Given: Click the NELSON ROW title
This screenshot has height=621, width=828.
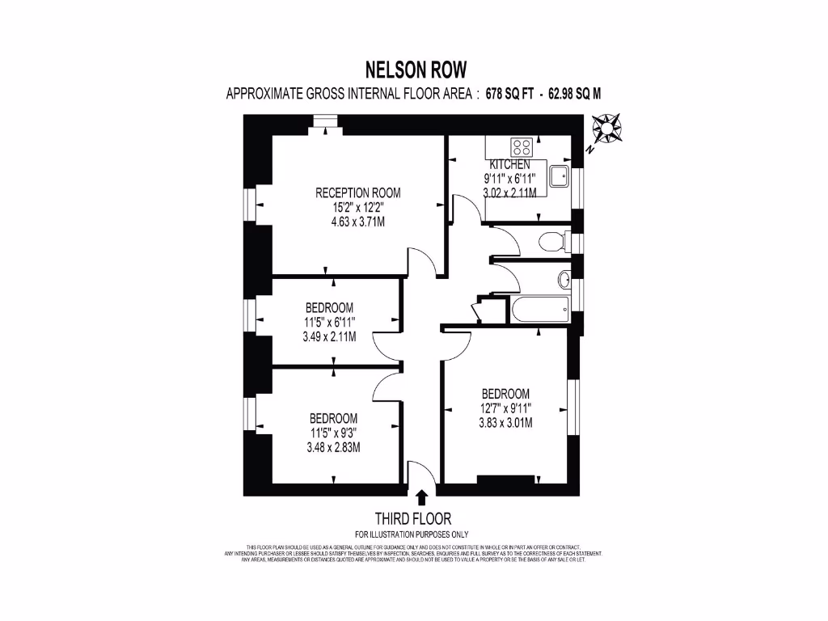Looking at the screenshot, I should point(414,70).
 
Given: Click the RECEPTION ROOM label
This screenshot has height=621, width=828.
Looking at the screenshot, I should point(357,192).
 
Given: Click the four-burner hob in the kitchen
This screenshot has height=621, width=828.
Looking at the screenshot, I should point(522,147).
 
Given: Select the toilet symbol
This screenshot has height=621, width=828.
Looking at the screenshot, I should point(553,242).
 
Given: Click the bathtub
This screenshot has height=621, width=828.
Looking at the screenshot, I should point(539,310).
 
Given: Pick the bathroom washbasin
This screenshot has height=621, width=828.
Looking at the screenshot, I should point(564,280).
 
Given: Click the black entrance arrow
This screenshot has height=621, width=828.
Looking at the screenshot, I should point(421,497).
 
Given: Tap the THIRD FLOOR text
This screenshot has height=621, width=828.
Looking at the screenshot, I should point(413,518).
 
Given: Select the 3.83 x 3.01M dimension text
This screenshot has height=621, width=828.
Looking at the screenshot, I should point(505,422).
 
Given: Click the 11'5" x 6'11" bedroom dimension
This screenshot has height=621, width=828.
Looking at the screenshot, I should point(329,323).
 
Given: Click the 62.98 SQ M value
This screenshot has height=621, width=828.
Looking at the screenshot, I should point(575,94).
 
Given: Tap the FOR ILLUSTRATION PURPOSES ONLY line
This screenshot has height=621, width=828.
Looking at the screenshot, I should point(413,534).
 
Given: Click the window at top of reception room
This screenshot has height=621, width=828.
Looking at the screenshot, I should point(325,122).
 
